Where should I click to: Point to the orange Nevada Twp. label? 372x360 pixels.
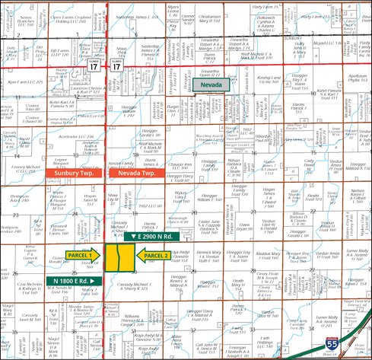[137, 174]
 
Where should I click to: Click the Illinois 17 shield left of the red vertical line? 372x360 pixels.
[93, 68]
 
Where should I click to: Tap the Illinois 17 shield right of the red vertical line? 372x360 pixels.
[116, 68]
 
